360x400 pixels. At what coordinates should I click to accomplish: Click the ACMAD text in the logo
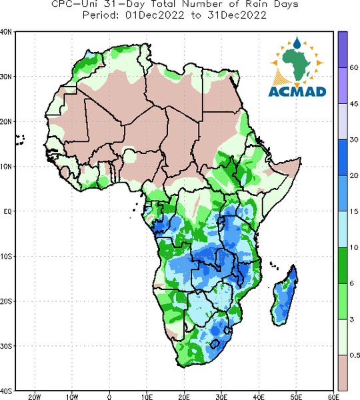point(297,91)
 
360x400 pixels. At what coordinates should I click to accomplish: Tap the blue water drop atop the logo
point(297,43)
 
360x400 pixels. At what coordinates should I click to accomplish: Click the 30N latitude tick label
point(5,77)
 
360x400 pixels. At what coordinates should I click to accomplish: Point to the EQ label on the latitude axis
point(7,211)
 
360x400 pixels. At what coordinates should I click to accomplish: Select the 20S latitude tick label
point(5,301)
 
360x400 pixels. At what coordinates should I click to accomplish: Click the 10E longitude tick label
point(147,397)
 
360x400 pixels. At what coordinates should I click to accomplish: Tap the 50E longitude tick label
point(296,397)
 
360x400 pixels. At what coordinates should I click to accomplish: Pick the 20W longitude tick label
point(35,397)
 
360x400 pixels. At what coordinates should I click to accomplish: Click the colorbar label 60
point(354,67)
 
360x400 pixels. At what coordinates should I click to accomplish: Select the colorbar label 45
point(354,104)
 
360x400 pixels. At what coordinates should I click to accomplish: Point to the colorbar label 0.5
point(355,355)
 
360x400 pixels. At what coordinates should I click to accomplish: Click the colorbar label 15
point(354,211)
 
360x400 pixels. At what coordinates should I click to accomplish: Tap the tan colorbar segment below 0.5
point(343,373)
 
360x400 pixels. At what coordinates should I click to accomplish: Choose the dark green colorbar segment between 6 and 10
point(343,265)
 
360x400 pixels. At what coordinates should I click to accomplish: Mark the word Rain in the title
point(257,3)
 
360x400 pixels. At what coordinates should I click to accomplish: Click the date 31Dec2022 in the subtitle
point(237,15)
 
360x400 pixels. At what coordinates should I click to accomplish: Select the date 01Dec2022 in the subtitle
point(155,15)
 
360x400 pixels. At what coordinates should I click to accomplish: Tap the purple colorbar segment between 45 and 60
point(343,85)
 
